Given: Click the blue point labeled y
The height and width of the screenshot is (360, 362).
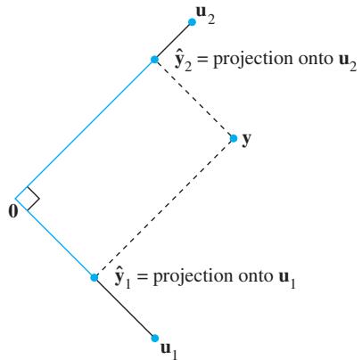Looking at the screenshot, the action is point(234,138).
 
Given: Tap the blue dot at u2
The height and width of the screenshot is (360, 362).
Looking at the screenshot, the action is point(192,22).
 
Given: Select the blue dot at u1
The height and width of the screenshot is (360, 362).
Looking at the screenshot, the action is point(154,338).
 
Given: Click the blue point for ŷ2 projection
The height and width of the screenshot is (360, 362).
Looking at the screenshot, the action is point(154,60).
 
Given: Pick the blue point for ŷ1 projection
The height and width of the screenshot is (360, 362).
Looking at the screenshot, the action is point(95,277).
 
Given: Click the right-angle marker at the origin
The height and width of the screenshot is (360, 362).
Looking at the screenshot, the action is point(33,199).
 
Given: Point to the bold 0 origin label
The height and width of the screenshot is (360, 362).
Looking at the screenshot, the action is point(13,211).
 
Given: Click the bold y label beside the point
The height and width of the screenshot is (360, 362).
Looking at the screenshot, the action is point(246,139).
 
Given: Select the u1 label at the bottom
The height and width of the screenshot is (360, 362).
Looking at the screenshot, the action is point(169,350).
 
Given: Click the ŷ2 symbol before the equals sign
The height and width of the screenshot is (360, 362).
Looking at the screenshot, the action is point(183,61).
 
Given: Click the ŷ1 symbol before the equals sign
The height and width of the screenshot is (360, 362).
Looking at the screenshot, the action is point(122,278).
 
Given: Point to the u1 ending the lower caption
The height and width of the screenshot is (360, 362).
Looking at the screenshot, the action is point(287,279).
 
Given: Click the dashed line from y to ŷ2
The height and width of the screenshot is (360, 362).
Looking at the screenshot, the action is point(194,99).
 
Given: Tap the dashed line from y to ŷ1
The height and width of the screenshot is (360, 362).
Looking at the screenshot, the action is point(164,208).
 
